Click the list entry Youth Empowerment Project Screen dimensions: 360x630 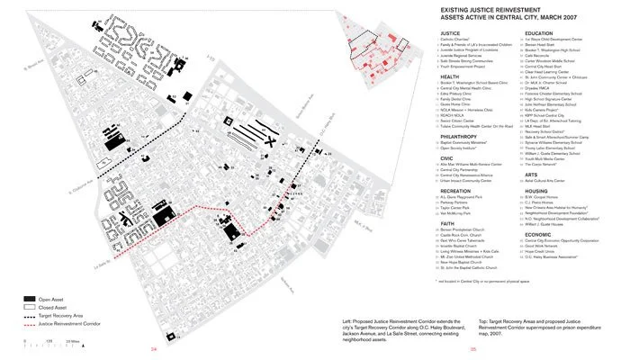tap(467, 67)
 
